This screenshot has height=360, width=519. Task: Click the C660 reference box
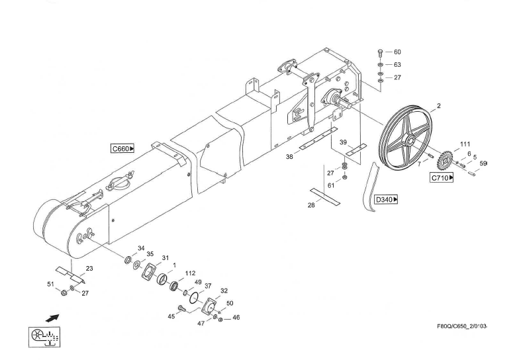pos(122,149)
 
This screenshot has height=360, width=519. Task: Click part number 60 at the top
pos(397,52)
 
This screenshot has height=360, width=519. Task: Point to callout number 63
pos(397,65)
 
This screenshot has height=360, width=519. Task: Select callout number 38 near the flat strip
pos(289,157)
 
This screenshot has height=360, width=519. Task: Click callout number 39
pos(343,142)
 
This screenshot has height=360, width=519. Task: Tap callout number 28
pos(311,206)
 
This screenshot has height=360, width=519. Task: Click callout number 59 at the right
pos(483,163)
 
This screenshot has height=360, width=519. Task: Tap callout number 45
pos(171,316)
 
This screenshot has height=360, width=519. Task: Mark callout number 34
pos(141,248)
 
